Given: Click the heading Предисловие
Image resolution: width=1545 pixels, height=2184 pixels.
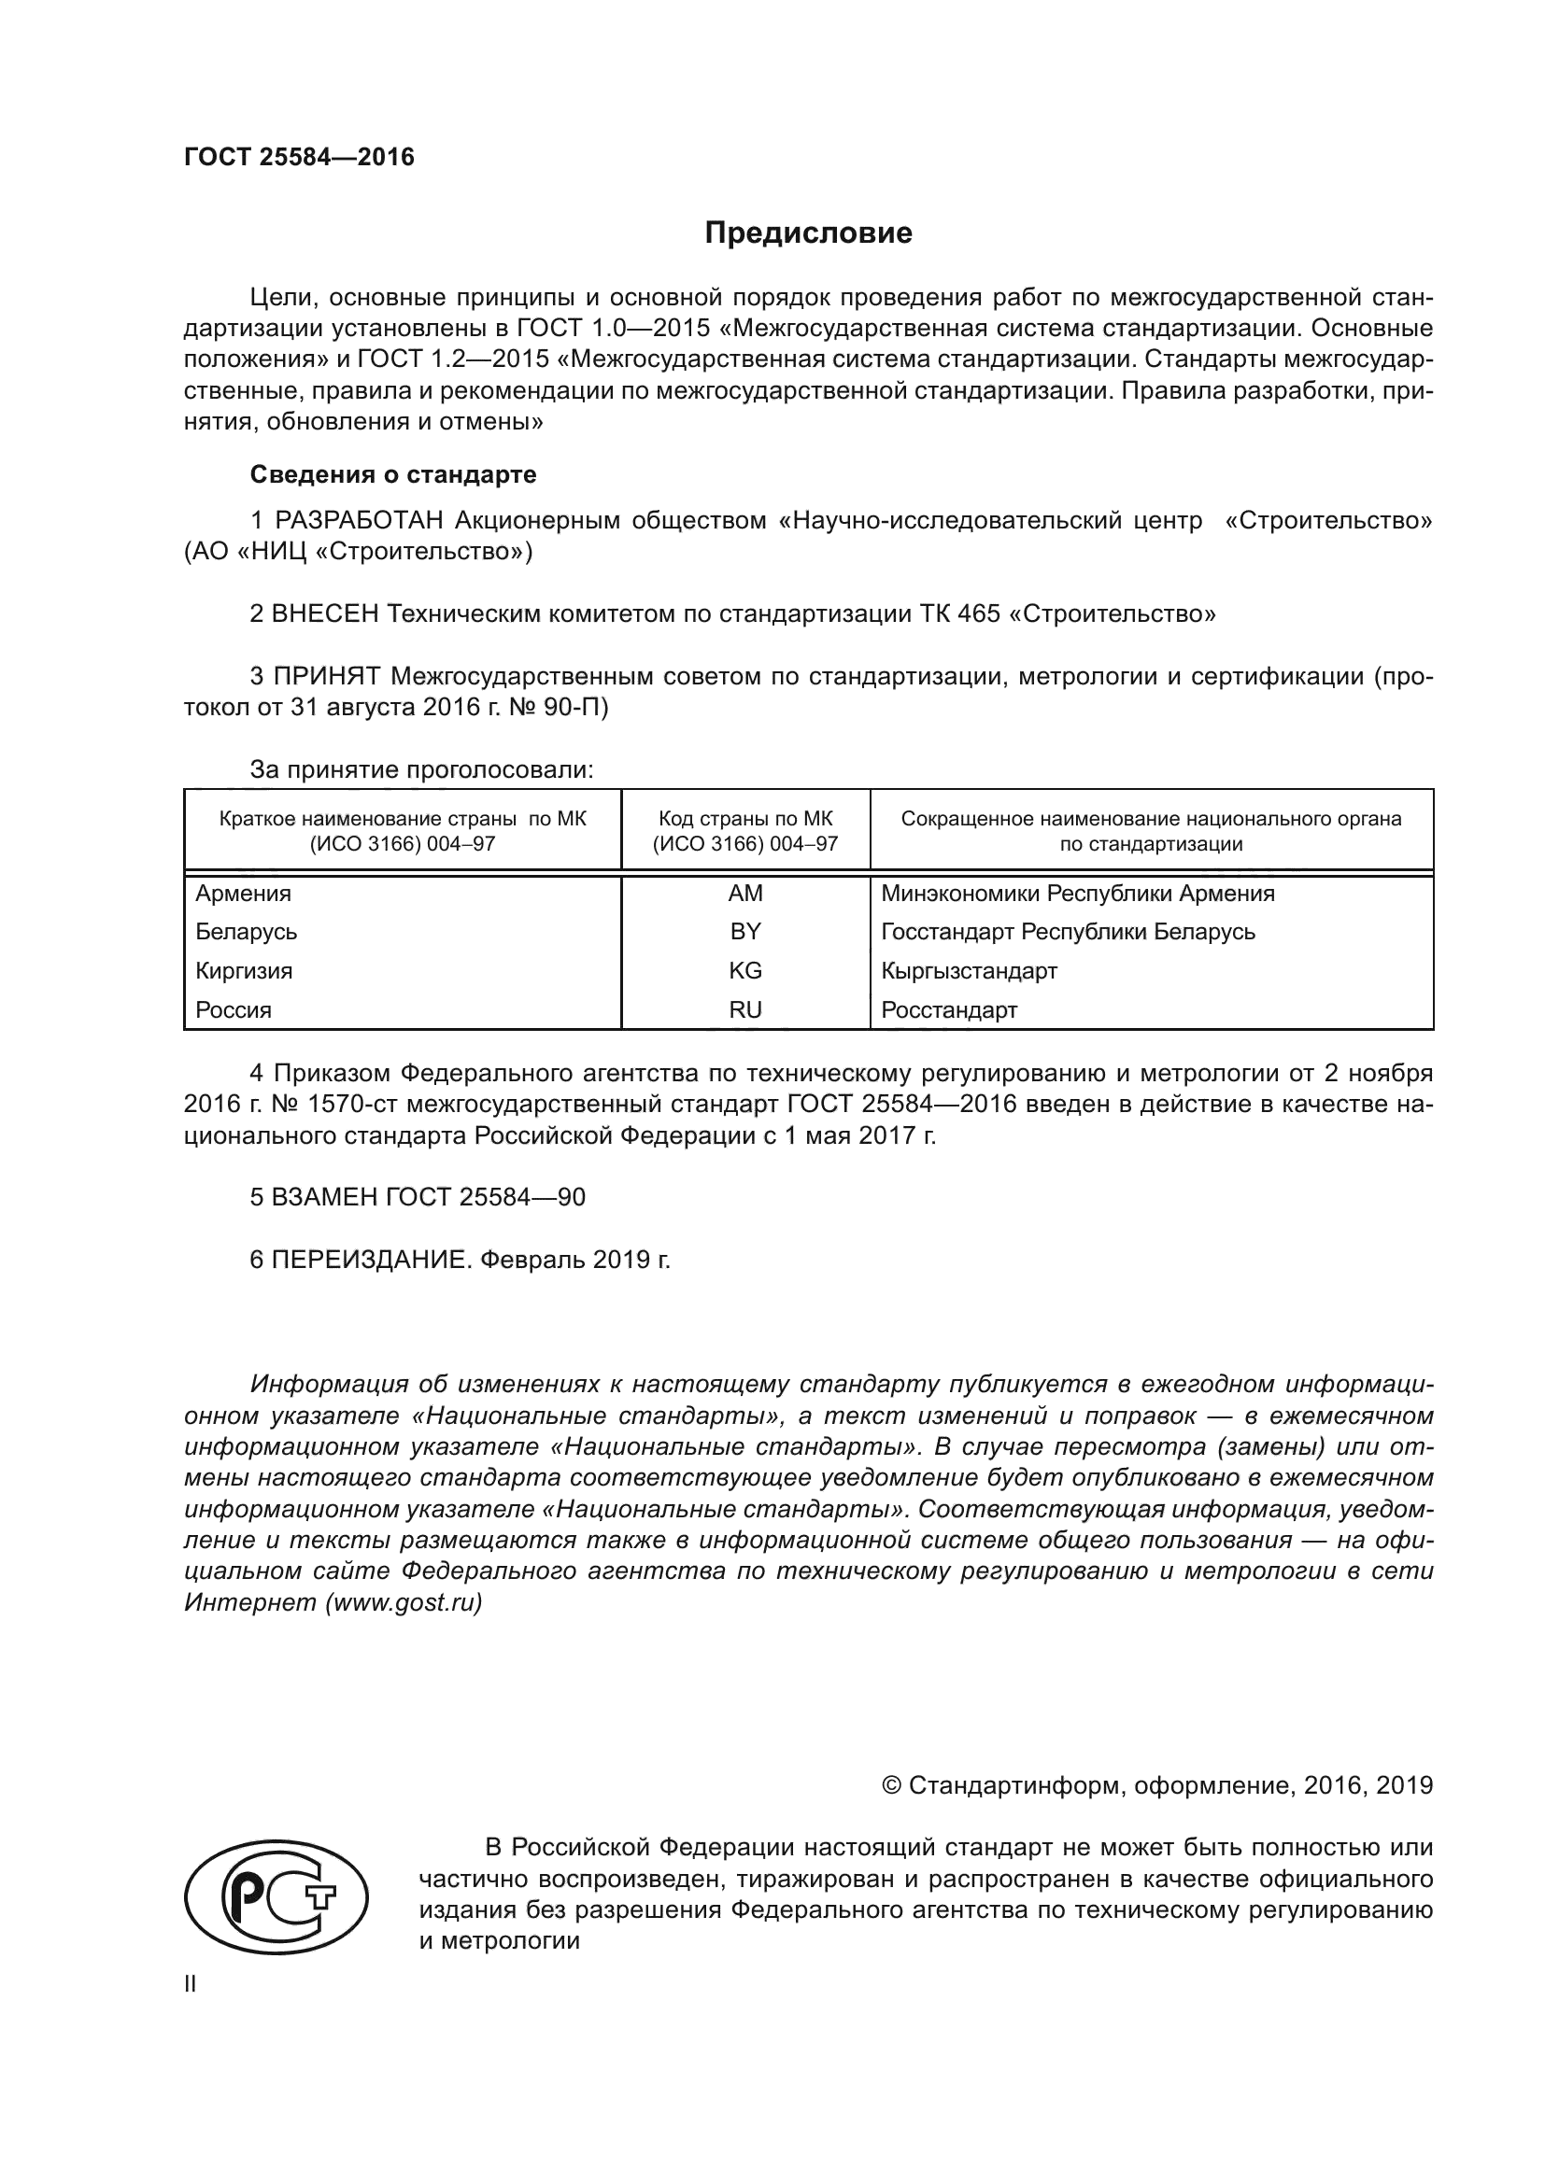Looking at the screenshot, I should pos(808,233).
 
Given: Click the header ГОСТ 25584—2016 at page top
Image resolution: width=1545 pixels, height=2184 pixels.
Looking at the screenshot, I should pos(299,158).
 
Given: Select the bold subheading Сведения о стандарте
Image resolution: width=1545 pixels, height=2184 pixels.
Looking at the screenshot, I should pos(393,474).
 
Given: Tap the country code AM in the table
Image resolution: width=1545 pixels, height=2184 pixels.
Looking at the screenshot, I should pos(744,894).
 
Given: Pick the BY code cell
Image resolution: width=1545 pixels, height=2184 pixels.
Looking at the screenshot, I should pos(744,931).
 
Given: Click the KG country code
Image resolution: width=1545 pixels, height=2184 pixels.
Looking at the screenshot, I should pos(744,971).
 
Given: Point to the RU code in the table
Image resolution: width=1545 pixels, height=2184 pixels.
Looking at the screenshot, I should pos(744,1010).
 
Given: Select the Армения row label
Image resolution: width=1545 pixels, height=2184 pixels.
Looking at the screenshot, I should pos(244,894).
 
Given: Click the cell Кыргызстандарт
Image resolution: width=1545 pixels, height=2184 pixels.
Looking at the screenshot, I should pos(969,971).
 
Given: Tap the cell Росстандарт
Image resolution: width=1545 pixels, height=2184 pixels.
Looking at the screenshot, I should pos(948,1010).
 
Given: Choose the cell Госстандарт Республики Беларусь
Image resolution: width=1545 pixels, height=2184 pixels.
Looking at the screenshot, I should pos(1068,931).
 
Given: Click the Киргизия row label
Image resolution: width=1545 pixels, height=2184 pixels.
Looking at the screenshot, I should pos(244,971).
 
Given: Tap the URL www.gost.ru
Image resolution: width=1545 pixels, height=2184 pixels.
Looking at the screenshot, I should pos(404,1603).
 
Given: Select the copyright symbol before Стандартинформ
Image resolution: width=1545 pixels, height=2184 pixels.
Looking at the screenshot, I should pos(891,1785).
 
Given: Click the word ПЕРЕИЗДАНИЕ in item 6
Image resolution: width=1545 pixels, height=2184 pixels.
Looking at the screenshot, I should pos(371,1261).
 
